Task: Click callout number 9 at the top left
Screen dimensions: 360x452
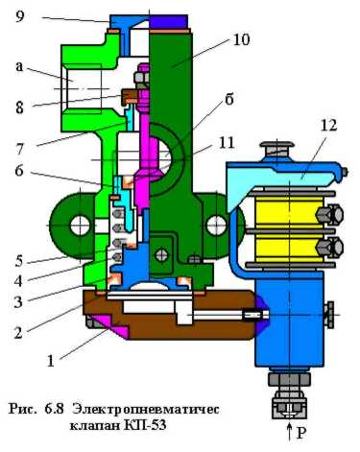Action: point(20,16)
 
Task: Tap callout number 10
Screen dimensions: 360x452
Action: point(241,40)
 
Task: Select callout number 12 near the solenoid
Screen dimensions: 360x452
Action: point(329,125)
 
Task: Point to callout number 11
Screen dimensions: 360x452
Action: point(227,143)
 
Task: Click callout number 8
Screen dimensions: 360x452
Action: point(19,107)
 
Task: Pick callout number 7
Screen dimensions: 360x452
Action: point(20,149)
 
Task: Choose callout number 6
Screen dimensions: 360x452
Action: point(19,171)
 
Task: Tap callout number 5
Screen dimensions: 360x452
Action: point(19,261)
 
